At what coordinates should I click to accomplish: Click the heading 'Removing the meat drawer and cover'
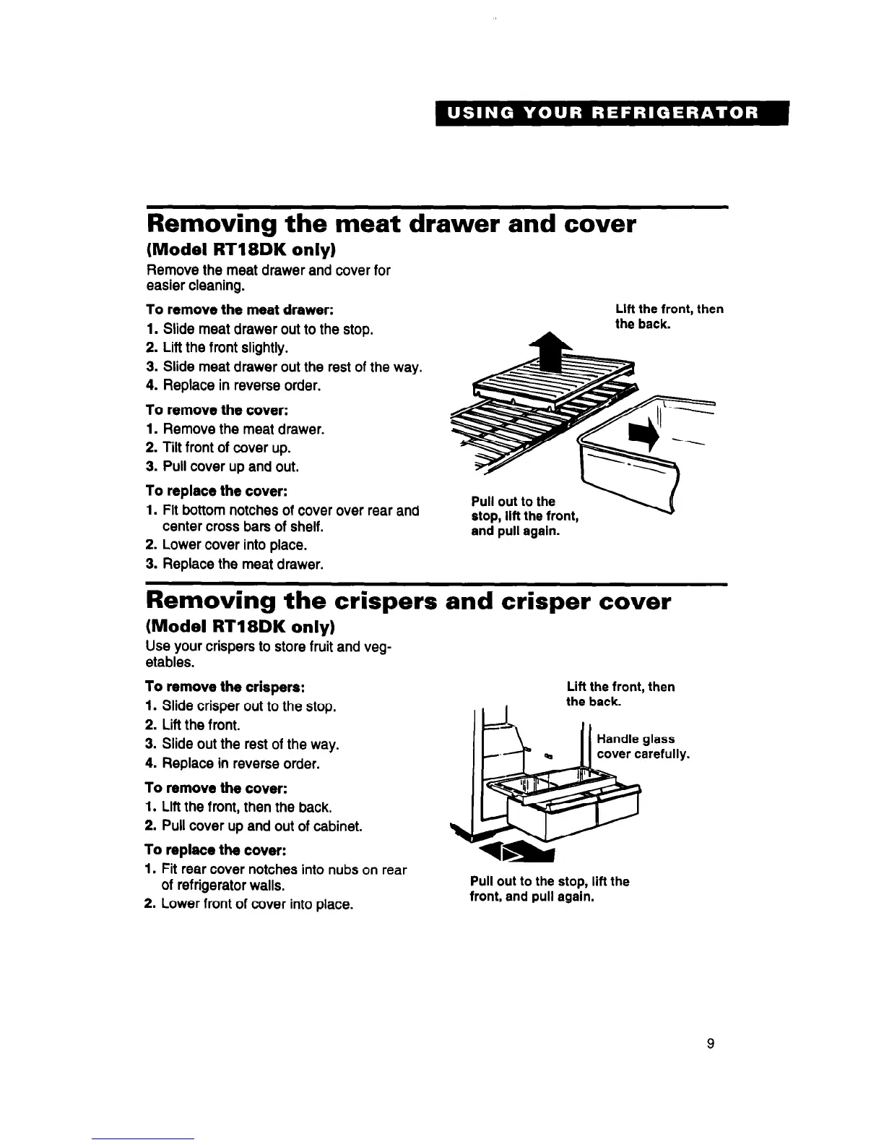[391, 224]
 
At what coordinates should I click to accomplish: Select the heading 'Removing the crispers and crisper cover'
[408, 601]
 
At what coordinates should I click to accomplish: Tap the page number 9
[711, 1043]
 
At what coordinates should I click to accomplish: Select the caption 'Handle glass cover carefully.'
[642, 747]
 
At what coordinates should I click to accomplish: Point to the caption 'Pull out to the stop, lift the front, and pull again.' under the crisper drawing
[549, 889]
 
